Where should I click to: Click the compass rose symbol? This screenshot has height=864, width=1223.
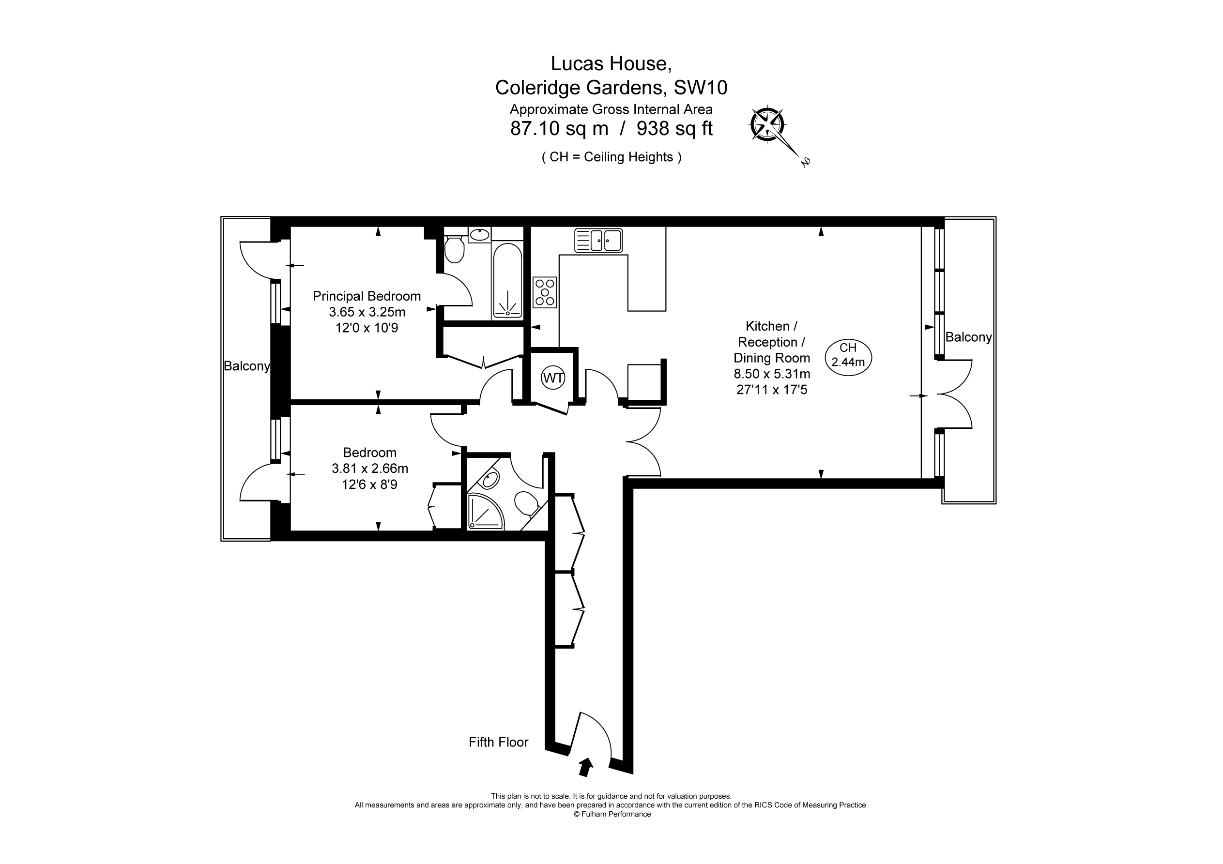coord(767,125)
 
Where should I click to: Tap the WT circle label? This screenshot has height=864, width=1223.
coord(553,378)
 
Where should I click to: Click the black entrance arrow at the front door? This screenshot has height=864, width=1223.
coord(585,767)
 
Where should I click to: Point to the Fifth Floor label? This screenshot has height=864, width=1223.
coord(498,742)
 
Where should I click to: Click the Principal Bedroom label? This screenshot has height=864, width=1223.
coord(367,296)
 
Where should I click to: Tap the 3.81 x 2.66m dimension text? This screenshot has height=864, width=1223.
coord(370,468)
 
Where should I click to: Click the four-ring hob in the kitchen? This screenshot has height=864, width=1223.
coord(544,292)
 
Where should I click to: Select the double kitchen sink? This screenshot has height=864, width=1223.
coord(598,240)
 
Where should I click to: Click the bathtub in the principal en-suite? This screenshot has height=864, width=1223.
coord(507,281)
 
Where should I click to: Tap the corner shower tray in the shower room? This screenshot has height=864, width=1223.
coord(484,511)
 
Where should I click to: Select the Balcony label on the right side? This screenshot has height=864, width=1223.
coord(968,337)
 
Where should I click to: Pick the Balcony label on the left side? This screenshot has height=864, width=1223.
coord(246,366)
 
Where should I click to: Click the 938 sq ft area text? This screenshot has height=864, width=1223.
coord(674,128)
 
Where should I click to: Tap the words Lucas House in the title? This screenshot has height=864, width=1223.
coord(611,63)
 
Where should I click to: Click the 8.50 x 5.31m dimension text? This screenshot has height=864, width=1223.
coord(772,374)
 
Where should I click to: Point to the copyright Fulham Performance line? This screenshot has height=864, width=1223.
coord(611,814)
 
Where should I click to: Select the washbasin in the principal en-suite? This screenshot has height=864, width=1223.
coord(480,234)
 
